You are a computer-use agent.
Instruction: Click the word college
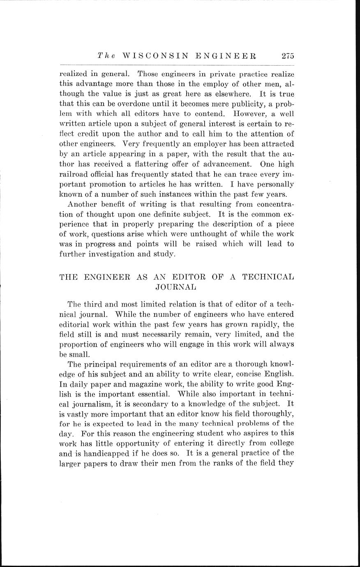pyautogui.click(x=279, y=443)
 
